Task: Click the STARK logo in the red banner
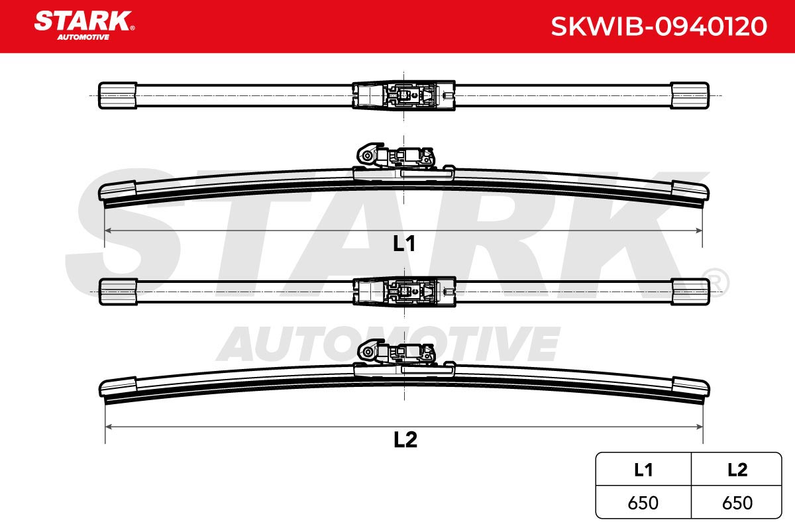[x=84, y=25]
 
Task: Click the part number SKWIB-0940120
[x=659, y=26]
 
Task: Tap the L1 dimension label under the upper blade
[x=404, y=244]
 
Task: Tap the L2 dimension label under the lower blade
[x=405, y=440]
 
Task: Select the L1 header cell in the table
[x=643, y=470]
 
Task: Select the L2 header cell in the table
[x=737, y=470]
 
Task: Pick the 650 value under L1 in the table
[x=643, y=503]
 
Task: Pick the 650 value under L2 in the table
[x=737, y=503]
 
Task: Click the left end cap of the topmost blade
[x=117, y=95]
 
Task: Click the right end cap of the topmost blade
[x=690, y=95]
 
